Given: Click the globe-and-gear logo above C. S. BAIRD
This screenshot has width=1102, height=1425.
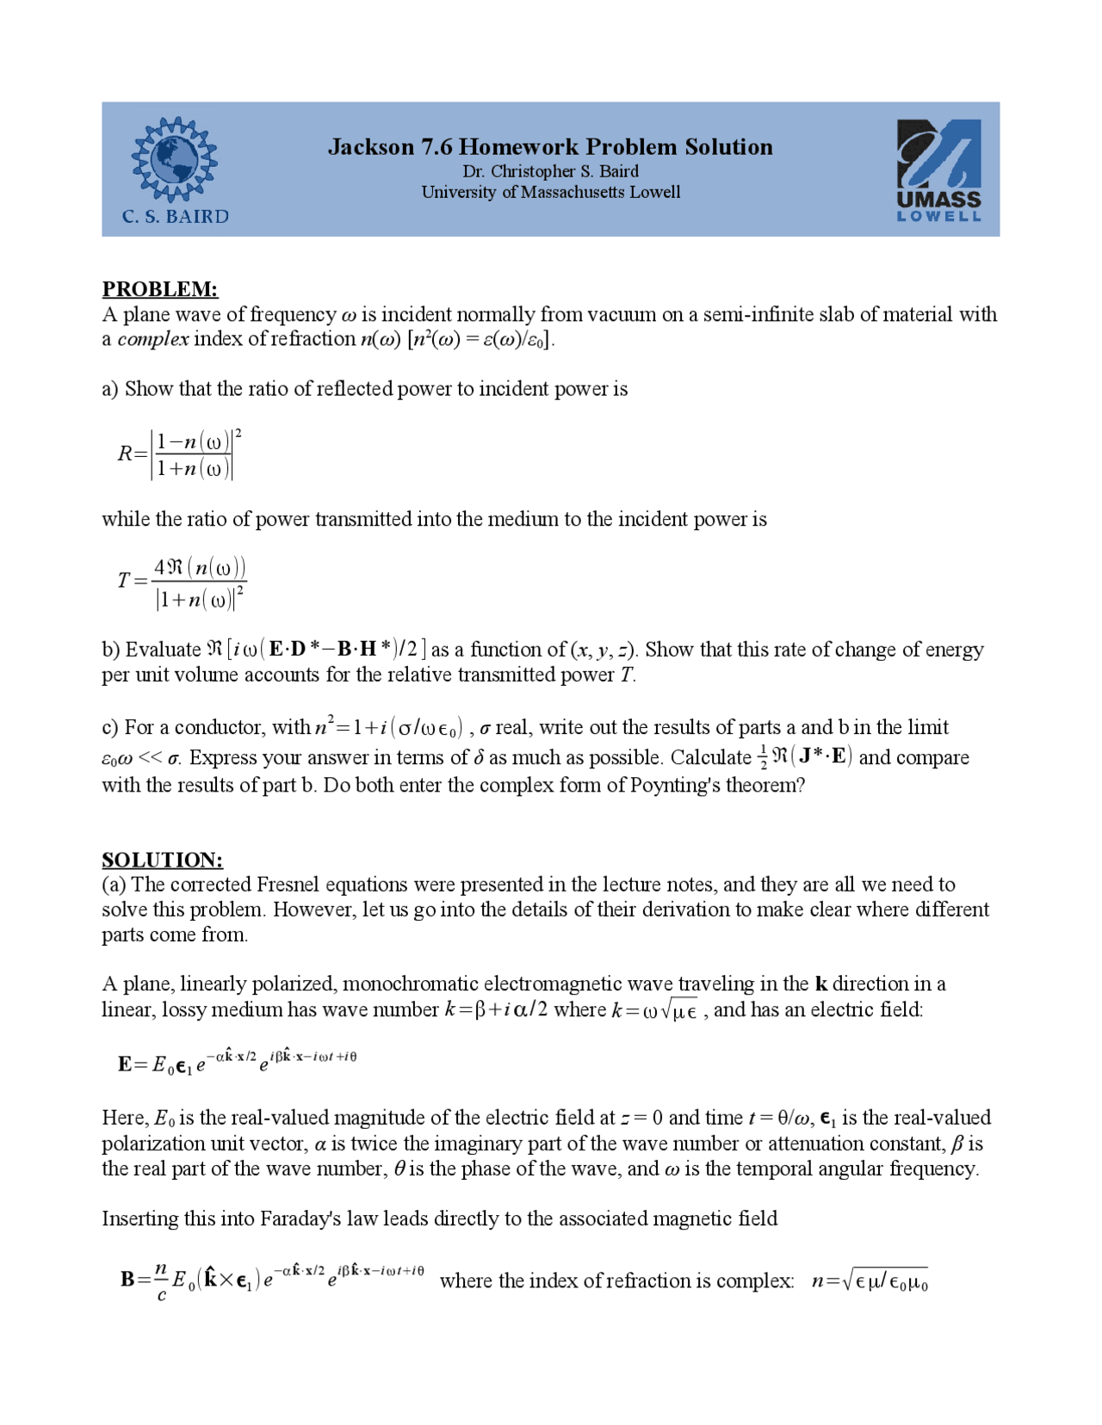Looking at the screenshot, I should [x=174, y=159].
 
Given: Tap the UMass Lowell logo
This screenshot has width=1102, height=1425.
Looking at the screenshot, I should [x=938, y=170].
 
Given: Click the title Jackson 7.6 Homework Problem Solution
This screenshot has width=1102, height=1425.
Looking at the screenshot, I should [x=550, y=147].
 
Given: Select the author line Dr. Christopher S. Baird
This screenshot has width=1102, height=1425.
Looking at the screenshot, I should [x=550, y=171].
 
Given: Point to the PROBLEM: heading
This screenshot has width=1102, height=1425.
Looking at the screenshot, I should [x=159, y=288].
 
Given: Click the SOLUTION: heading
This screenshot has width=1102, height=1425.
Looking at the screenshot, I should [x=162, y=860].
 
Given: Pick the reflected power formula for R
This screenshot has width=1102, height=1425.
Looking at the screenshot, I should [x=179, y=453].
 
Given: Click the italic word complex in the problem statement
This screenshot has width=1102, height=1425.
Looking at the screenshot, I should [x=152, y=339].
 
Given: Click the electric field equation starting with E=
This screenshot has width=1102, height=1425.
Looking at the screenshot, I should [x=237, y=1063].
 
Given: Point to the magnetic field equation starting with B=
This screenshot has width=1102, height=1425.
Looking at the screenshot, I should [x=272, y=1280].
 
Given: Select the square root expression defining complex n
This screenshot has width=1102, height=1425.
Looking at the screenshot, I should [x=870, y=1280].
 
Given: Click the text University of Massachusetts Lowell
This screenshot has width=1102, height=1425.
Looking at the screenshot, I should [x=550, y=192].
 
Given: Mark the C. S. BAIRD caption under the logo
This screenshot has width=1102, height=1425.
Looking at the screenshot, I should [x=176, y=217].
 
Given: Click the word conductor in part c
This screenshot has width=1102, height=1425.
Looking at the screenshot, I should [x=218, y=728].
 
